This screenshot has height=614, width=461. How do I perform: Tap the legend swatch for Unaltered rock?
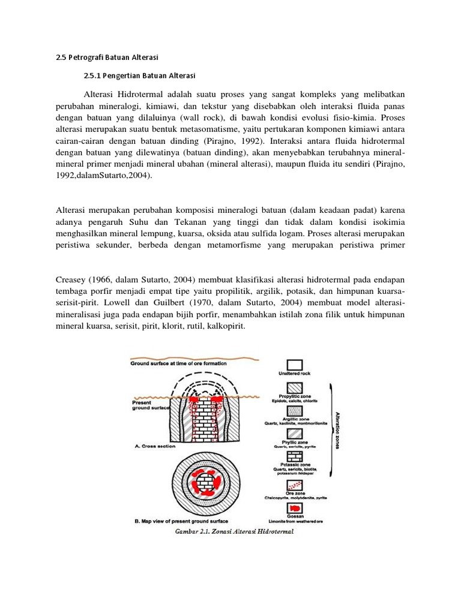point(294,365)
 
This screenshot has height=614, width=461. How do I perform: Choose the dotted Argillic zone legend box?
point(294,411)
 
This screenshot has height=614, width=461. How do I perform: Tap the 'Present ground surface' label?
point(148,405)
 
